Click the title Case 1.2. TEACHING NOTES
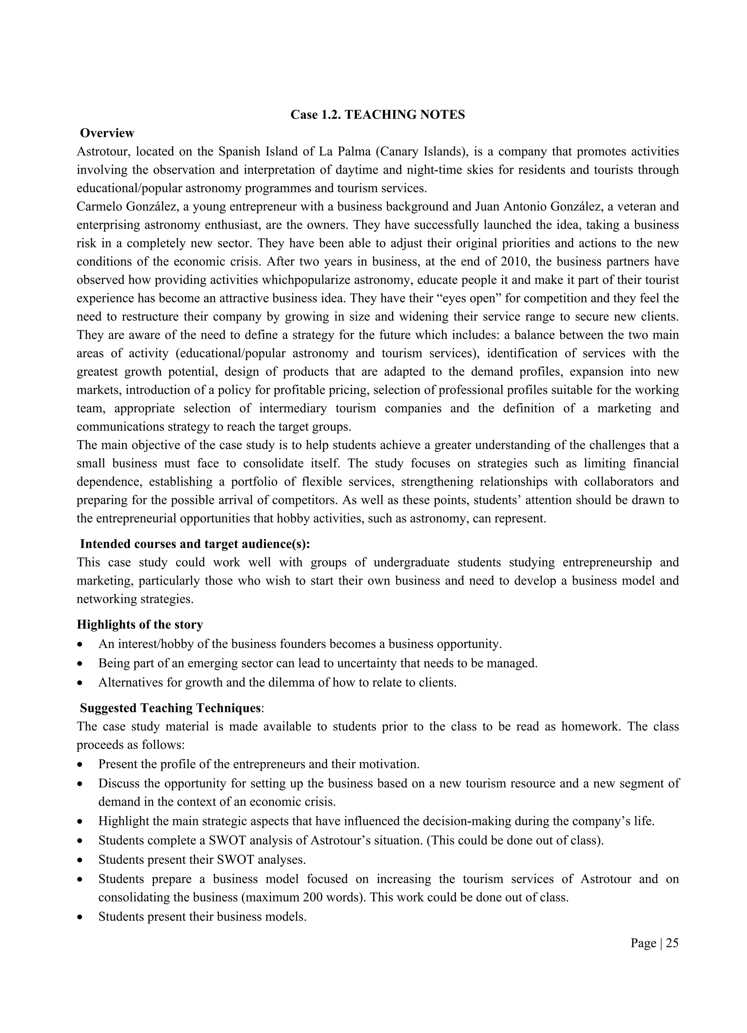378,115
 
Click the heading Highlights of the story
140,624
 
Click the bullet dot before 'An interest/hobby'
81,644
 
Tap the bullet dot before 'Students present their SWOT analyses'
81,860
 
